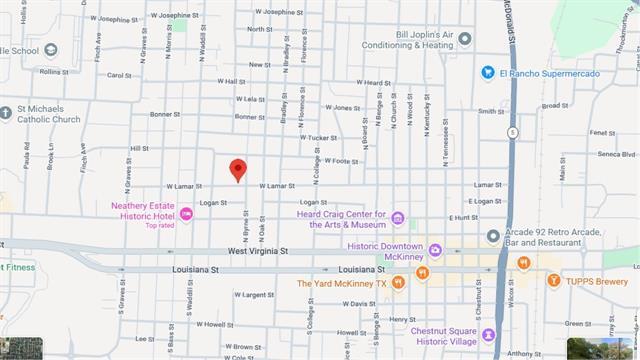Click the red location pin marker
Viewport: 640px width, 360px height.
click(x=238, y=170)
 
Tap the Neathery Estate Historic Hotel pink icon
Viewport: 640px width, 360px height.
click(x=187, y=212)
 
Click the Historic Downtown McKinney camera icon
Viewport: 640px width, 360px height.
click(x=435, y=248)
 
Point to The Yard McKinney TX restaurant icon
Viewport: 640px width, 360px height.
click(x=398, y=283)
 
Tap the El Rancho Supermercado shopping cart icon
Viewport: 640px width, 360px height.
click(x=488, y=72)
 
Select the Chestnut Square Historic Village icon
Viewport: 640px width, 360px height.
click(x=489, y=334)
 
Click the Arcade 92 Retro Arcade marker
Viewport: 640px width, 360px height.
click(x=492, y=236)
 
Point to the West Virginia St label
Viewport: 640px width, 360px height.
click(x=257, y=252)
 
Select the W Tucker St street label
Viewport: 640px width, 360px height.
click(x=317, y=137)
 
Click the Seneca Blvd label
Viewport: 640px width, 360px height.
click(x=615, y=154)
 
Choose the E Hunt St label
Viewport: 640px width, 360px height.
click(x=463, y=216)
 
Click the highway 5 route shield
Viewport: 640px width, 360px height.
click(x=512, y=132)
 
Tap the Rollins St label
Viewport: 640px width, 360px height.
click(x=51, y=72)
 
